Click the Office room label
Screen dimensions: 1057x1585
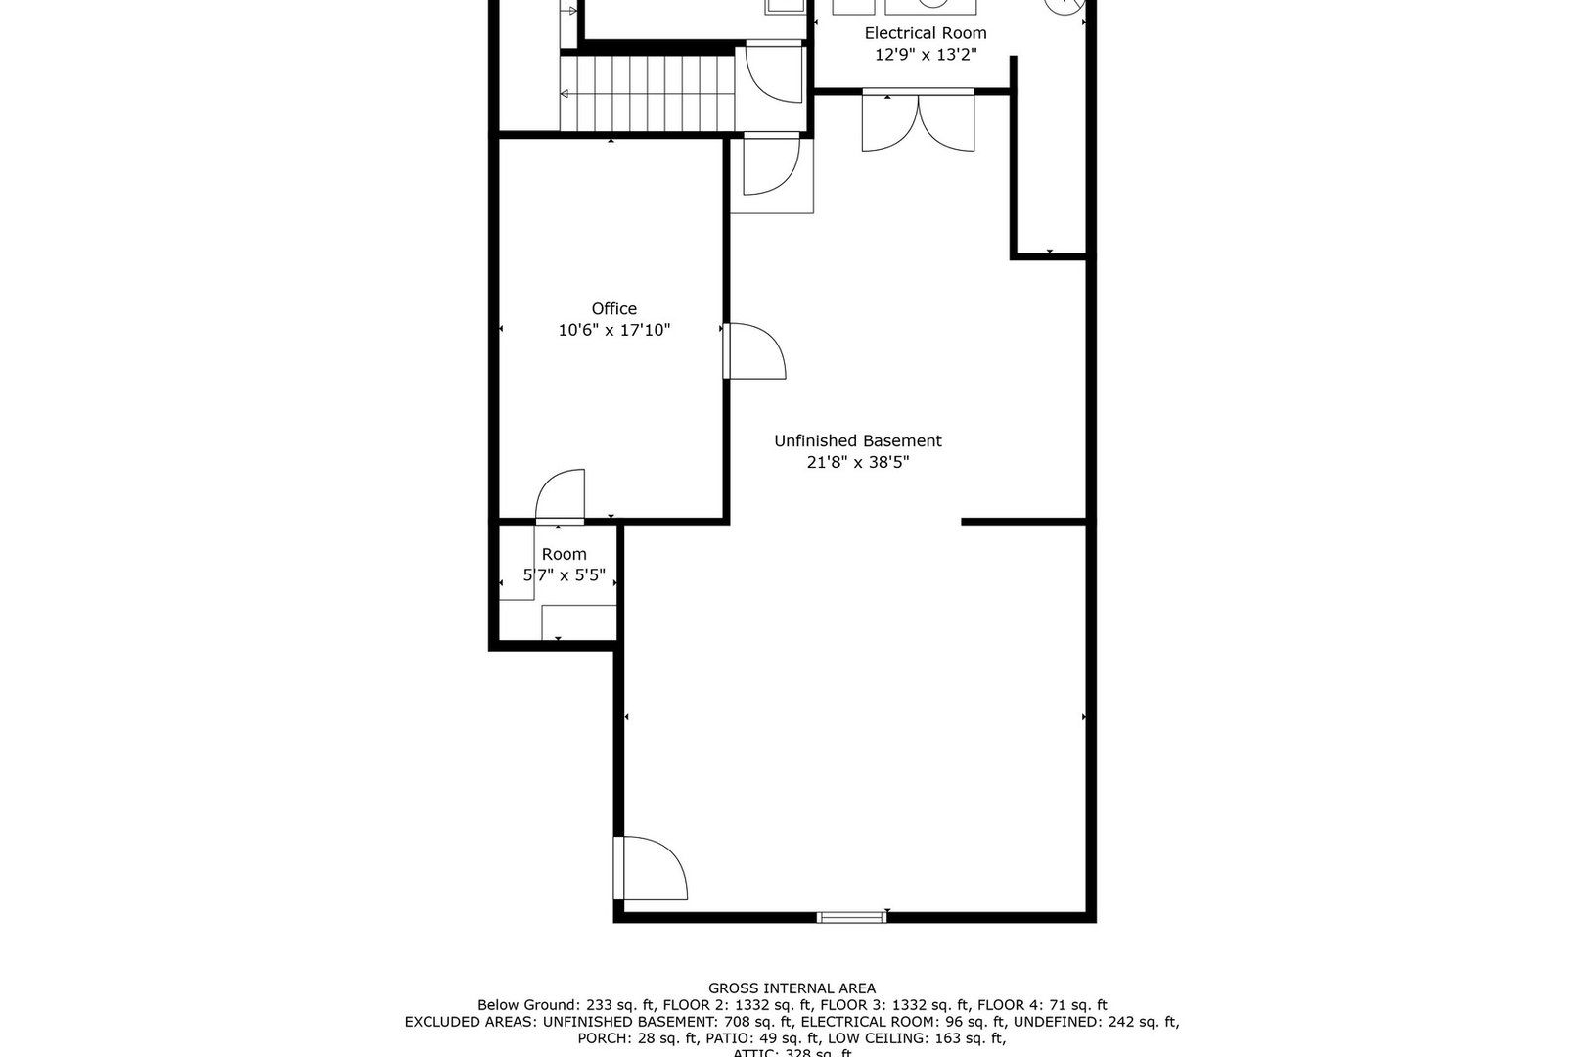tap(613, 309)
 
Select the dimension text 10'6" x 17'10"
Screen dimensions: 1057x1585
tap(613, 331)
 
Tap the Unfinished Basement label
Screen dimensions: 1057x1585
tap(857, 441)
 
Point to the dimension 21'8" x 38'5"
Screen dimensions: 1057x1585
tap(857, 463)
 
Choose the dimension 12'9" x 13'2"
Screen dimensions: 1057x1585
tap(925, 56)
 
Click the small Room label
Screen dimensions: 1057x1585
tap(564, 554)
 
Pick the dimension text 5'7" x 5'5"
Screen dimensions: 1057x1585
tap(564, 575)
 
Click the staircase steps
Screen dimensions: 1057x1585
tap(647, 93)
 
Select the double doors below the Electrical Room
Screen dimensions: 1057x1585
tap(918, 120)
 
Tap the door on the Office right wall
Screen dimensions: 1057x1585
tap(754, 350)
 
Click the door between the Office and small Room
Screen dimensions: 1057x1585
tap(561, 496)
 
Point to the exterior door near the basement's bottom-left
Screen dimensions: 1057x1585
tap(651, 868)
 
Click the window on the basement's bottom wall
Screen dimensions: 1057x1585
tap(850, 917)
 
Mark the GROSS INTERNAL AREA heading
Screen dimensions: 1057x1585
tap(792, 988)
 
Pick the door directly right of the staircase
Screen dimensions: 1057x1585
tap(773, 72)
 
